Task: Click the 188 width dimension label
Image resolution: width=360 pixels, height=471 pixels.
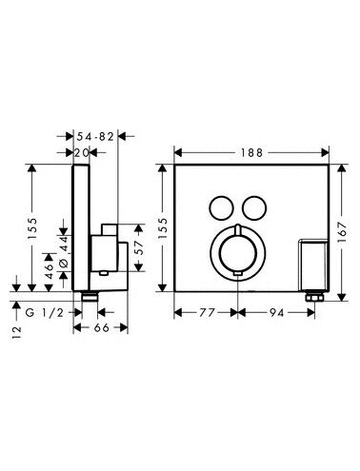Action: coord(251,153)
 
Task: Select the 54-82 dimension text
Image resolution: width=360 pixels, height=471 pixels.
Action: coord(95,137)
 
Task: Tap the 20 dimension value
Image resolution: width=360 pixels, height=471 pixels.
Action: coord(82,153)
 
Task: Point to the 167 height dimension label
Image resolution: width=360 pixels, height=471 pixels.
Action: coord(342,232)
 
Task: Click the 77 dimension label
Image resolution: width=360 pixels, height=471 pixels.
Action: coord(207,313)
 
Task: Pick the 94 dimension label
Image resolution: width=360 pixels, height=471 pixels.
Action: coord(277,313)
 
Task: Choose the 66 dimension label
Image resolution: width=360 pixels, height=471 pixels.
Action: coord(102,327)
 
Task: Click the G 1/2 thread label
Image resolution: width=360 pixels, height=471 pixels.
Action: coord(45,313)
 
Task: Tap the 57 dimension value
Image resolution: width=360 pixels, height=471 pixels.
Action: coord(140,247)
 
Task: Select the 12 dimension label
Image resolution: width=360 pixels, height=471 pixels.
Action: coord(16,332)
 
